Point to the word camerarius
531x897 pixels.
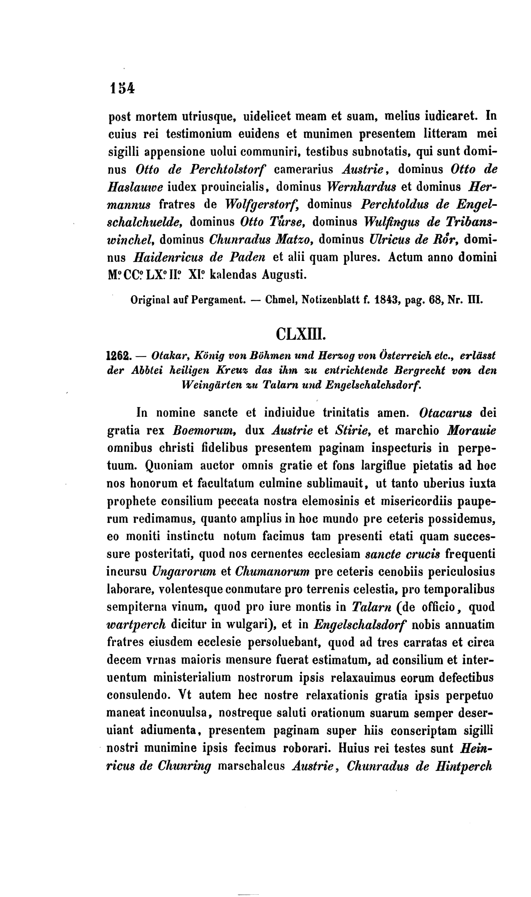(304, 169)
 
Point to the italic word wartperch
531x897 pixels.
(136, 624)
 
